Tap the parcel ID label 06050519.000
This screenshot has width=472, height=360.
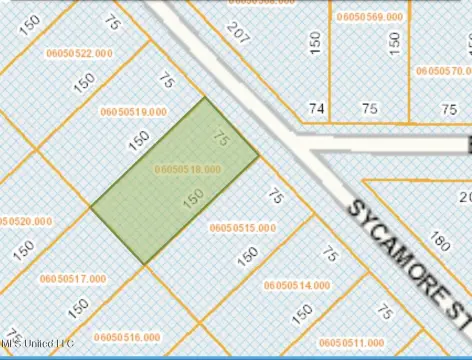[x=132, y=113]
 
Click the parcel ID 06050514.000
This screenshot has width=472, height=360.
[x=296, y=286]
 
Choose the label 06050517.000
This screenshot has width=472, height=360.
[x=72, y=279]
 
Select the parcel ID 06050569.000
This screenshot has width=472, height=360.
[x=371, y=18]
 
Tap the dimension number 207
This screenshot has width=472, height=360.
[x=237, y=32]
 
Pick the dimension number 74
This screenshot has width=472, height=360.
[x=317, y=107]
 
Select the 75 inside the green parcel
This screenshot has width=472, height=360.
[x=222, y=141]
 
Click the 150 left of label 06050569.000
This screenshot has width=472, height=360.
[x=316, y=42]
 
